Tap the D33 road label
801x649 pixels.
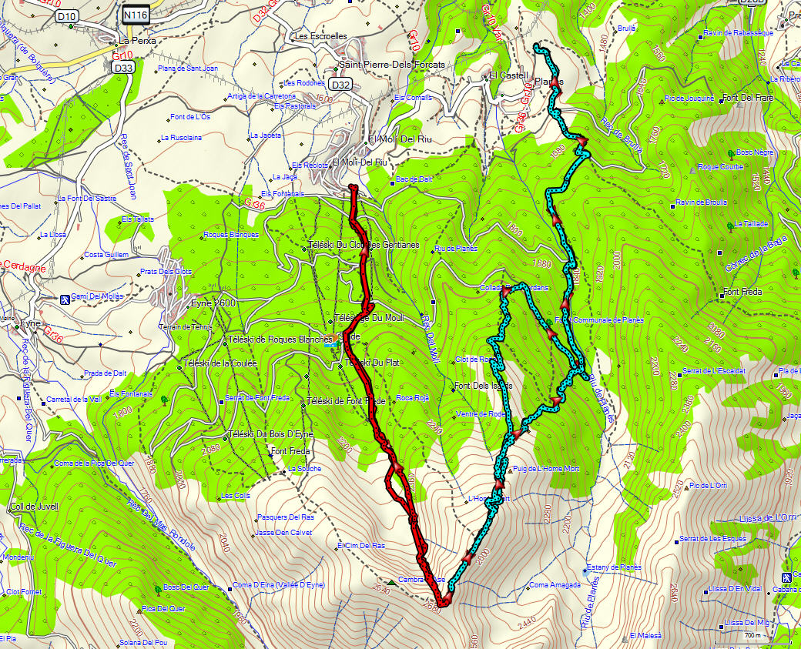(x=122, y=68)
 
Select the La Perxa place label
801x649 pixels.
(x=137, y=41)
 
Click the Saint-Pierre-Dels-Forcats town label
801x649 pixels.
(x=393, y=65)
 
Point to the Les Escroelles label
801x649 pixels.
(x=321, y=36)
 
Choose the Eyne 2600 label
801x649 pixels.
(x=213, y=303)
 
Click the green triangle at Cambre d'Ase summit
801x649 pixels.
(x=393, y=582)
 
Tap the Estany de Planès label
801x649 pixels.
(x=614, y=567)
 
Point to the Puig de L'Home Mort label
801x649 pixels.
(x=545, y=470)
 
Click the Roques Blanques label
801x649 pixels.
(x=230, y=235)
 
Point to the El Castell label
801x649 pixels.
(x=508, y=75)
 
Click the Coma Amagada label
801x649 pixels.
(x=555, y=585)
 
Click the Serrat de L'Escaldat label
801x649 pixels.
(x=713, y=371)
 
